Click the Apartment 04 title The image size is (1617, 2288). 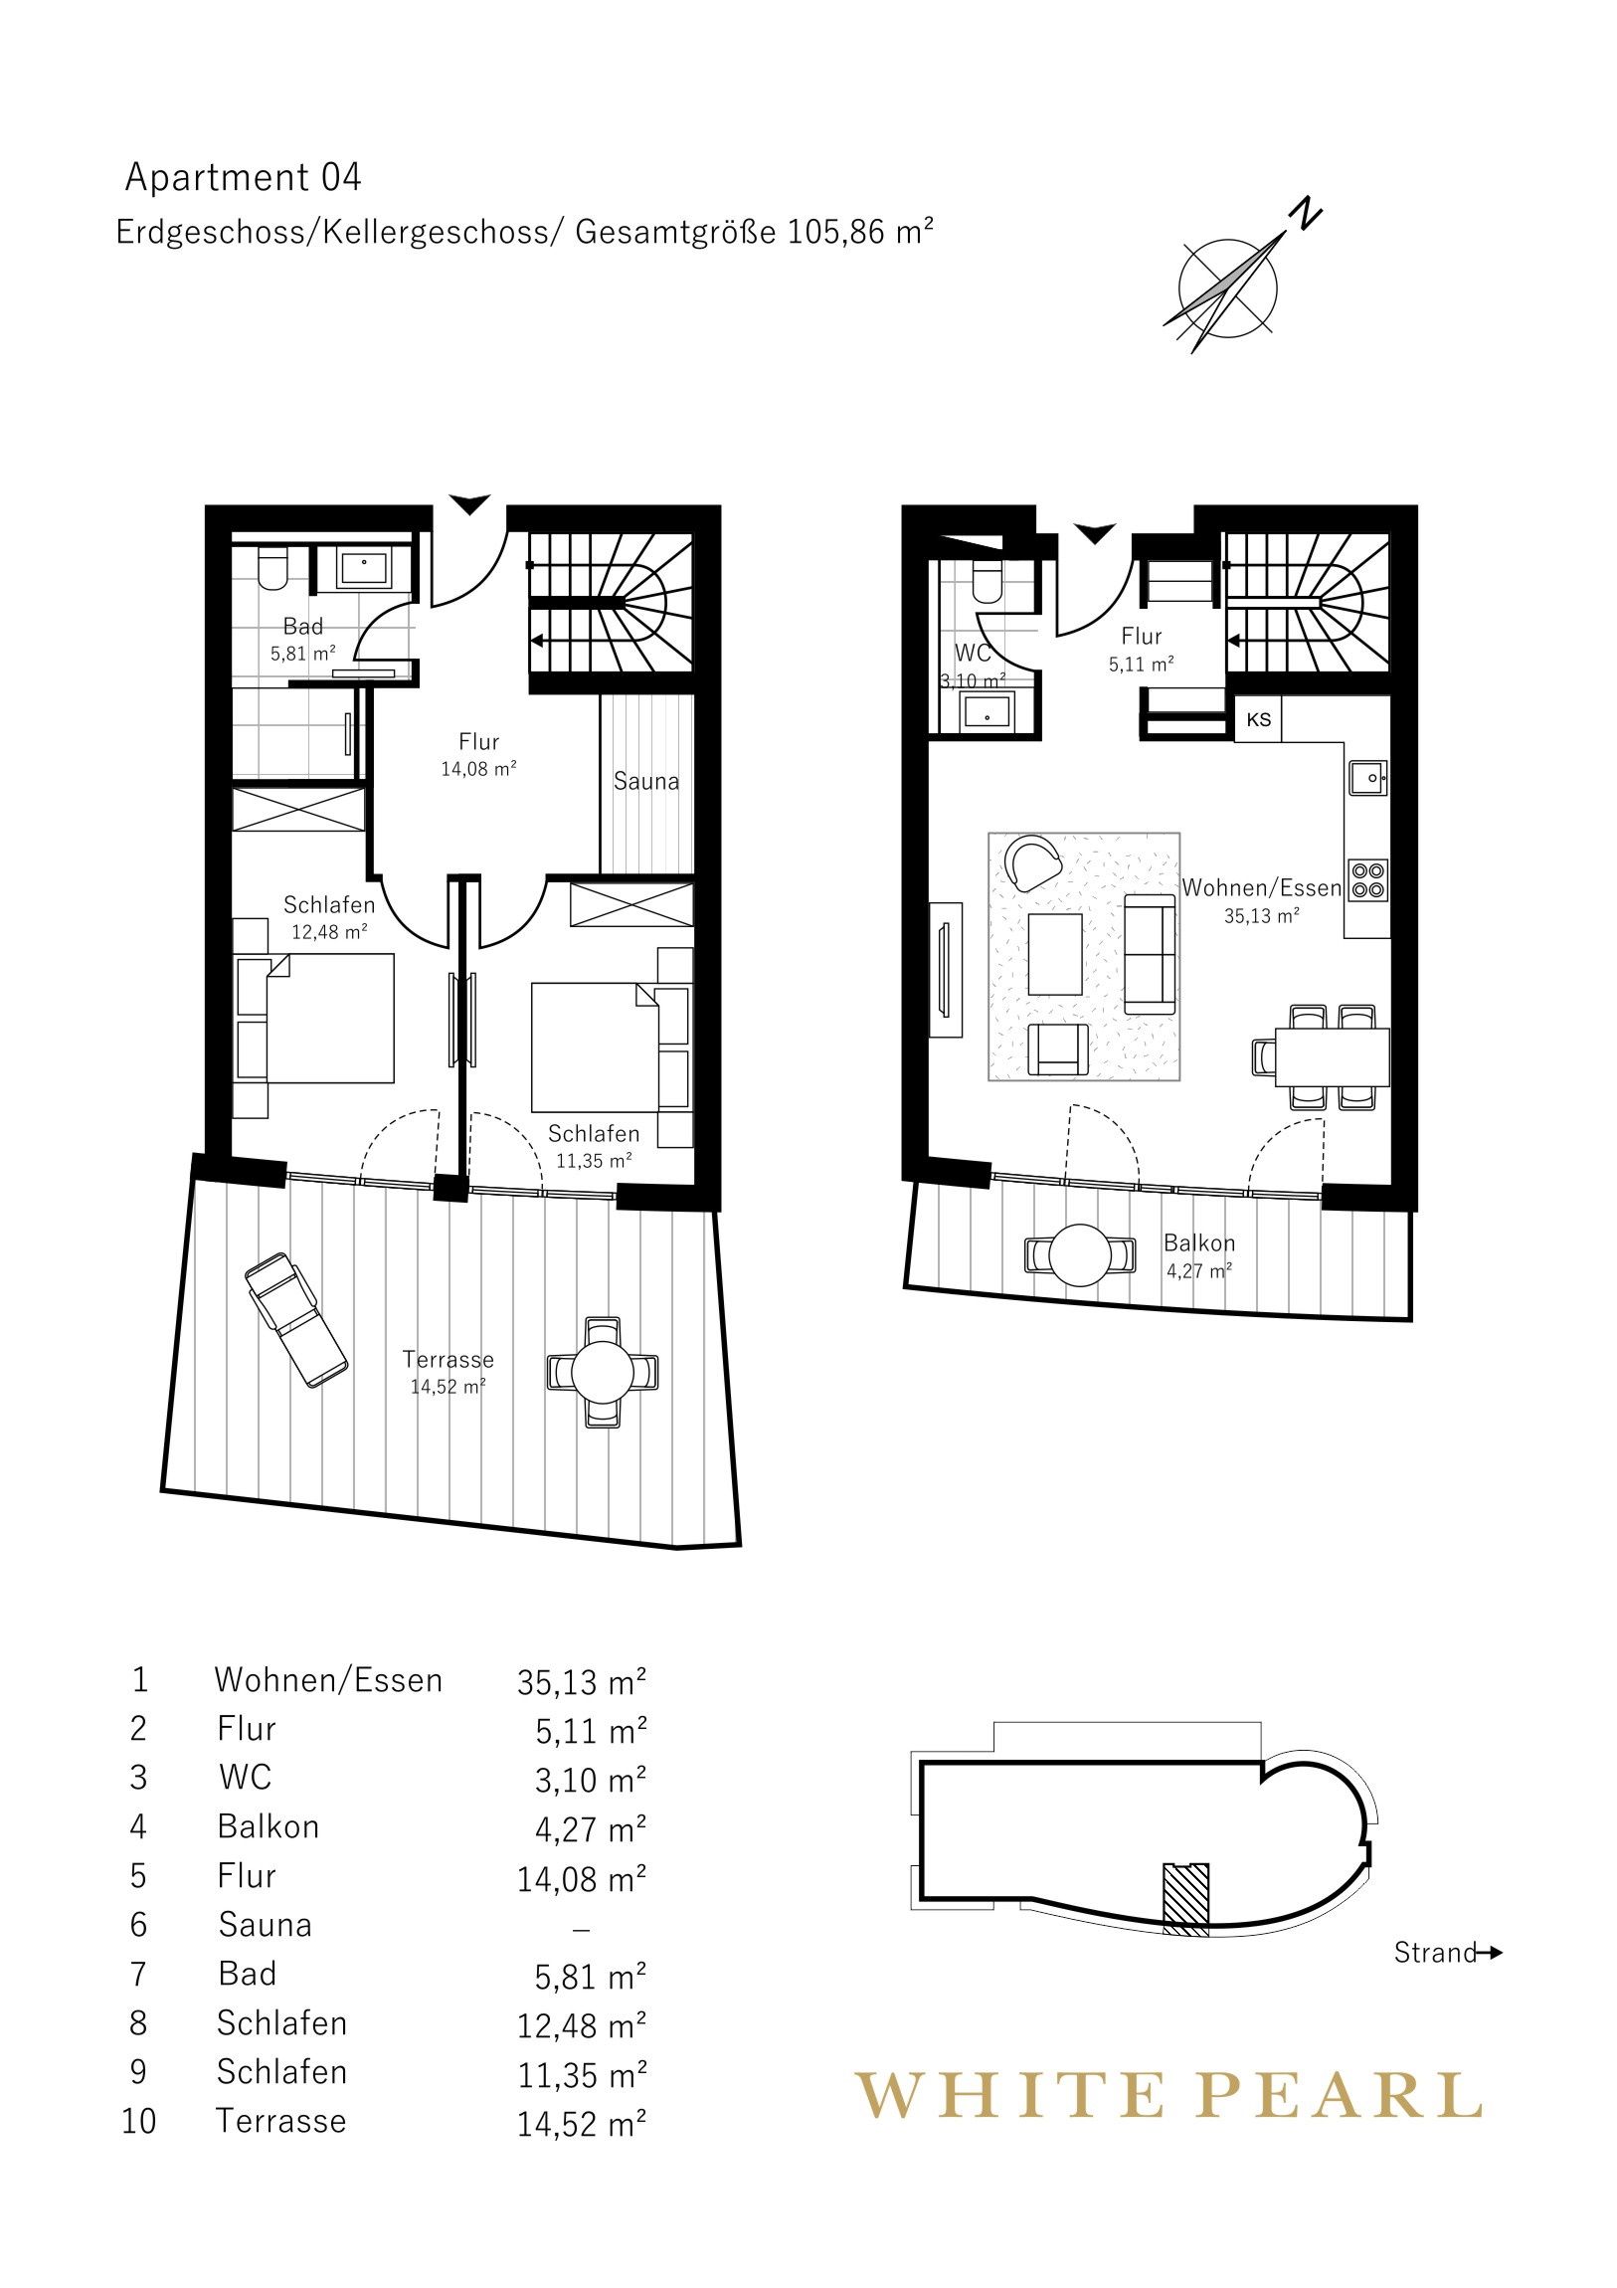242,177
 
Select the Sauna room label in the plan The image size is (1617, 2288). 645,781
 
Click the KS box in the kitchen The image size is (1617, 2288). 1258,719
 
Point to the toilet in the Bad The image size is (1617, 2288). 272,568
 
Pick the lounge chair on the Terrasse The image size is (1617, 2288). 296,1321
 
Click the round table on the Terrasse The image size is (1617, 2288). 602,1373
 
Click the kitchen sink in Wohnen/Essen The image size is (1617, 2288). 1368,777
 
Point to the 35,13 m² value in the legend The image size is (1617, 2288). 582,1682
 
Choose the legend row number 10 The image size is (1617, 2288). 139,2121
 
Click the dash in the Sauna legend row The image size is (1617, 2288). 582,1929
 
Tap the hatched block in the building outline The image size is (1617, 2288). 1185,1899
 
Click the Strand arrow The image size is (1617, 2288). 1489,1953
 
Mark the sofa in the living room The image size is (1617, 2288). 1151,954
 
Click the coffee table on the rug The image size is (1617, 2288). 1054,955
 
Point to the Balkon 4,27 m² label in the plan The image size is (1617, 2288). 1199,1255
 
